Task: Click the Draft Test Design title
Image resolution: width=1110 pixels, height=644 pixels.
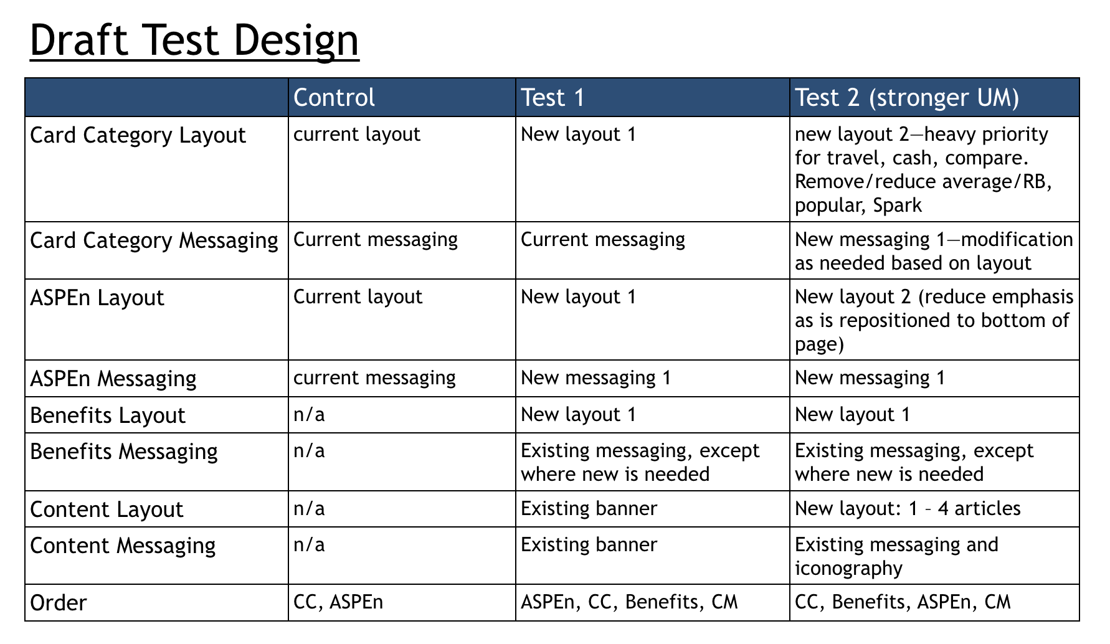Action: [194, 40]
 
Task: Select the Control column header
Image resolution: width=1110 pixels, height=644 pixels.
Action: [334, 98]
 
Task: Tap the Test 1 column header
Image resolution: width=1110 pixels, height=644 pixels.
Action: [553, 98]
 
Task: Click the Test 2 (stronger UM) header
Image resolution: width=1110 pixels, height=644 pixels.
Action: [907, 98]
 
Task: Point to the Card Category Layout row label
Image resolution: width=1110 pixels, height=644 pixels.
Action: [138, 135]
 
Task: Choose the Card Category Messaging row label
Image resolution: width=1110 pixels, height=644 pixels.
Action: [154, 240]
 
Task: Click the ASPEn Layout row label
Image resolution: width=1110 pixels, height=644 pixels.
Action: [97, 298]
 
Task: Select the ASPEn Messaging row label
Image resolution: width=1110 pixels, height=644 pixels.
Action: [113, 378]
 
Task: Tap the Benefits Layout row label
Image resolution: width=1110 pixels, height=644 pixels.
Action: [108, 415]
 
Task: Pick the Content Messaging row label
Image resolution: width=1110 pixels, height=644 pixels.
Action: [123, 546]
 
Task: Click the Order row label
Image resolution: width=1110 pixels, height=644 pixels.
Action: [59, 603]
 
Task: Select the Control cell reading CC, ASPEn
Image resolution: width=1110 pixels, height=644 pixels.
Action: [338, 602]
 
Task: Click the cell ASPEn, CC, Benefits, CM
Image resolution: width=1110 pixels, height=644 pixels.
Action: [629, 602]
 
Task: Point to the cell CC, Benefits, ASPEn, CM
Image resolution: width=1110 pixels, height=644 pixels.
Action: [903, 602]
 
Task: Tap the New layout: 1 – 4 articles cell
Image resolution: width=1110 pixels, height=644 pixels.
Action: [908, 508]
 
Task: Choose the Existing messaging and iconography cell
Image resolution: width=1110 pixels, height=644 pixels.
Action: [897, 556]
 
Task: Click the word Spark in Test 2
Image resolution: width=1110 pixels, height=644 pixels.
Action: [898, 206]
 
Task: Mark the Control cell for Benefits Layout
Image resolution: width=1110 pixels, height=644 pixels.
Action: [309, 415]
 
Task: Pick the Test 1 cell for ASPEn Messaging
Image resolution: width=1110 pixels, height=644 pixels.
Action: [596, 377]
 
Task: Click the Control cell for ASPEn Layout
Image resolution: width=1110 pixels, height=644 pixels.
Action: [358, 296]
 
